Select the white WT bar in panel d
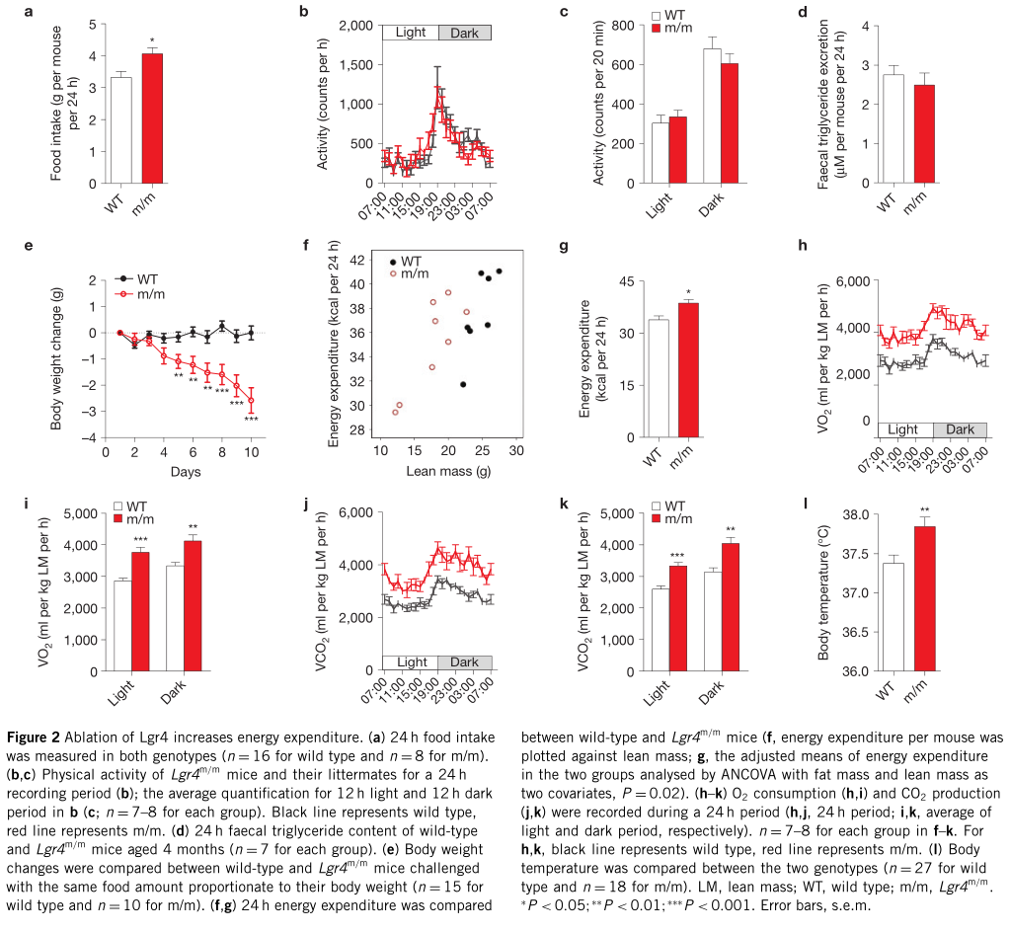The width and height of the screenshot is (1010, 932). (x=893, y=128)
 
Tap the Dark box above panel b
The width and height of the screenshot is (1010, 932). (x=464, y=33)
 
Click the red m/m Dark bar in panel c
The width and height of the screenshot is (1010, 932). (x=730, y=123)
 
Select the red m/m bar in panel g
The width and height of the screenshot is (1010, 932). (x=687, y=370)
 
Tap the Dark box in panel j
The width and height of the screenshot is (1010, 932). (x=464, y=661)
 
